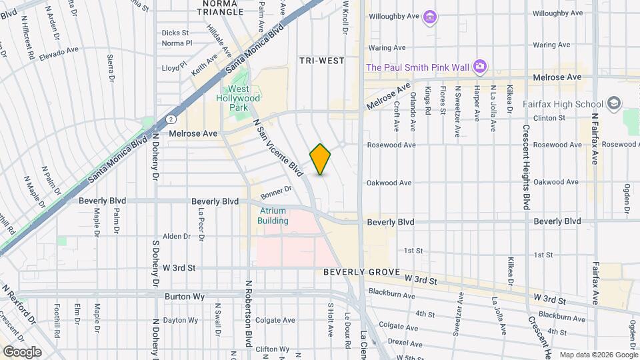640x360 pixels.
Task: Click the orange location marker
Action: point(321,159)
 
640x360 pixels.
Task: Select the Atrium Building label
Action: point(273,216)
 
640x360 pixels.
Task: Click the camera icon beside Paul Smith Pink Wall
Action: point(479,66)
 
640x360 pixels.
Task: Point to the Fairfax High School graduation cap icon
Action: point(613,104)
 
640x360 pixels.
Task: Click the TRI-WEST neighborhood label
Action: point(322,61)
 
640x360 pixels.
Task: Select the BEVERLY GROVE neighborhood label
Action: point(361,273)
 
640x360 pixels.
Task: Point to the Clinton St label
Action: point(549,118)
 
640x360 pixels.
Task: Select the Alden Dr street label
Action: point(177,236)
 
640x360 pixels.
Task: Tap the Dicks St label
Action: point(175,32)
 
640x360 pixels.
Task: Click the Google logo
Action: point(22,352)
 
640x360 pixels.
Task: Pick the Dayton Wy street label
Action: point(180,320)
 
